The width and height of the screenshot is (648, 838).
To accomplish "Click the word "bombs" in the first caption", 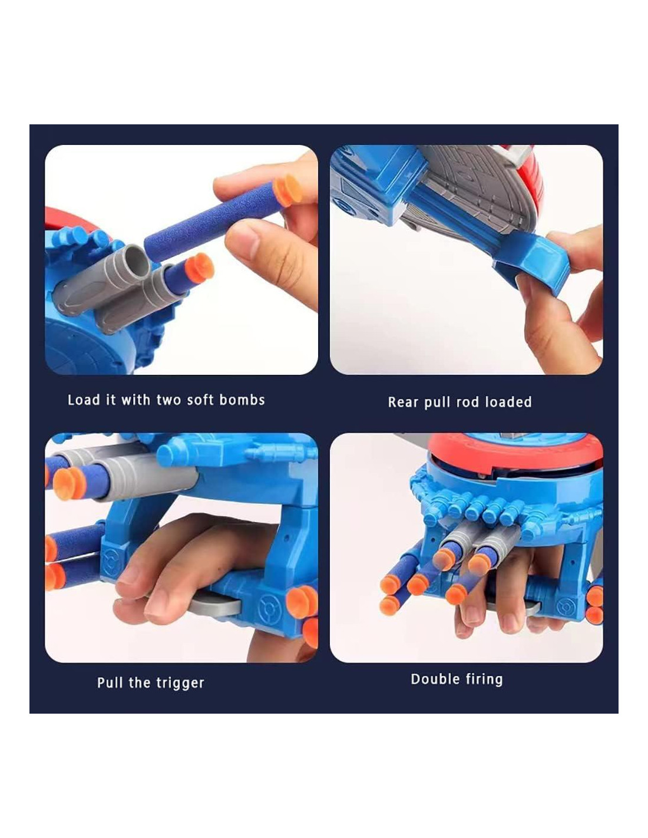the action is tap(242, 400).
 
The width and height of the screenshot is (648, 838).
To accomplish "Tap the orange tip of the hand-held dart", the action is tap(288, 190).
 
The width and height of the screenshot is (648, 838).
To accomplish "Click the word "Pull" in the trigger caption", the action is tap(110, 682).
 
